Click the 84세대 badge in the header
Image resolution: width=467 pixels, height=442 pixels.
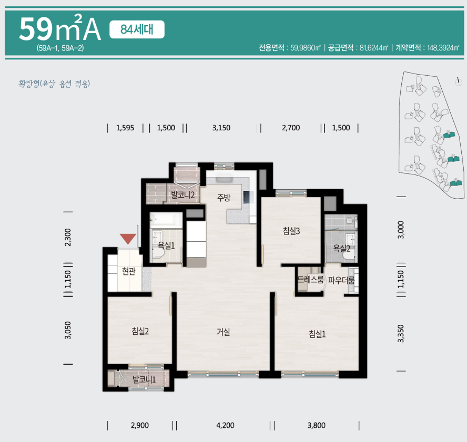[x=137, y=29]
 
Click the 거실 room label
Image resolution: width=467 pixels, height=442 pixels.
[x=224, y=332]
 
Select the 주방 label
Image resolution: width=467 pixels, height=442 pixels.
[x=224, y=198]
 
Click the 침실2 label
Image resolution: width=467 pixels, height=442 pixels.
[x=140, y=331]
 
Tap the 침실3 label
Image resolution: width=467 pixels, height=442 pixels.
[x=291, y=230]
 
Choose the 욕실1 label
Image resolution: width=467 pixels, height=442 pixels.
[x=167, y=244]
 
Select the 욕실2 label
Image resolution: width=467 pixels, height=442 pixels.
[x=342, y=248]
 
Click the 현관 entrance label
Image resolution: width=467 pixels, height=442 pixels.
[x=128, y=271]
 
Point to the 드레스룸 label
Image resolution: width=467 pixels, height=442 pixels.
[x=310, y=280]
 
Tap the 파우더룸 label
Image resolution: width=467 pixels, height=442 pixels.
[x=341, y=280]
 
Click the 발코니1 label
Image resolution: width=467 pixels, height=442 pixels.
[x=144, y=379]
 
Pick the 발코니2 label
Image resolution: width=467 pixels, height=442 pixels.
[x=183, y=195]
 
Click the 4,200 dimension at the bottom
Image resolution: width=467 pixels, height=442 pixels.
[x=225, y=426]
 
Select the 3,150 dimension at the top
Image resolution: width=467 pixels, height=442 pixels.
[x=221, y=128]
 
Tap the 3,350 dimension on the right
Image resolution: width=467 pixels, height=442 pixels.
[x=401, y=333]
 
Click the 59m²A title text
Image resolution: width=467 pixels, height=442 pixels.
[x=59, y=30]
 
